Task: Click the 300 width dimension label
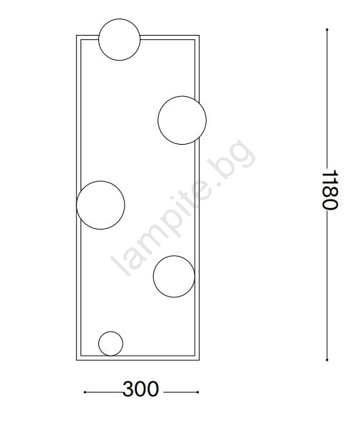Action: coord(140,389)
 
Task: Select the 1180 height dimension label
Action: coord(330,190)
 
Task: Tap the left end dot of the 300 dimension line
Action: coord(85,392)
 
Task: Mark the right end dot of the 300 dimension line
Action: coord(197,392)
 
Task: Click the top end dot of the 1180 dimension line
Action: coord(327,29)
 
